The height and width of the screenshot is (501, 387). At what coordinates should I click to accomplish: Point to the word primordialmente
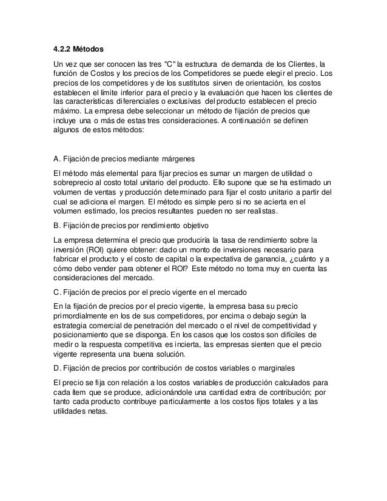tap(84, 315)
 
